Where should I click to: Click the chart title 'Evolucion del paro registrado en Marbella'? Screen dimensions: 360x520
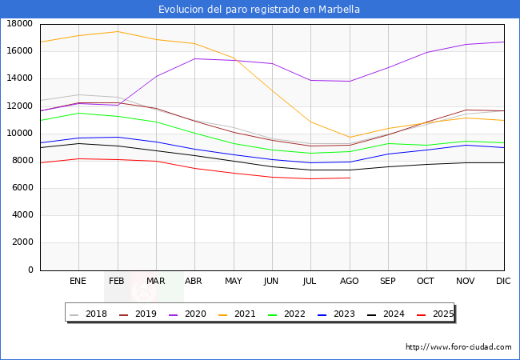[259, 10]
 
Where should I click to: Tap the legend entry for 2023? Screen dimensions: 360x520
[345, 314]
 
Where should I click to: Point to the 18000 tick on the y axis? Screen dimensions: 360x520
[19, 24]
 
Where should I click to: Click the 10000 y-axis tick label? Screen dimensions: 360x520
[19, 134]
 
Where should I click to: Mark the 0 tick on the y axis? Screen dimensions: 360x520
[30, 270]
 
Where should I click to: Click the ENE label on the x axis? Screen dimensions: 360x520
[78, 282]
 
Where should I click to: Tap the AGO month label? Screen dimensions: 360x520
[350, 282]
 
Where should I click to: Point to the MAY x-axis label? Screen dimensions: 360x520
[234, 282]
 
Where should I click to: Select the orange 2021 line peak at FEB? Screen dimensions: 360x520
[118, 32]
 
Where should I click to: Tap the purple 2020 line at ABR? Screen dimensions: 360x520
[194, 58]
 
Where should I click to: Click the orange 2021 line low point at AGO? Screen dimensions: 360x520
[350, 137]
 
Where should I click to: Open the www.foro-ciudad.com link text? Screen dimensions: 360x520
[458, 347]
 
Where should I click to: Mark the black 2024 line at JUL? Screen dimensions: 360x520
[311, 170]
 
